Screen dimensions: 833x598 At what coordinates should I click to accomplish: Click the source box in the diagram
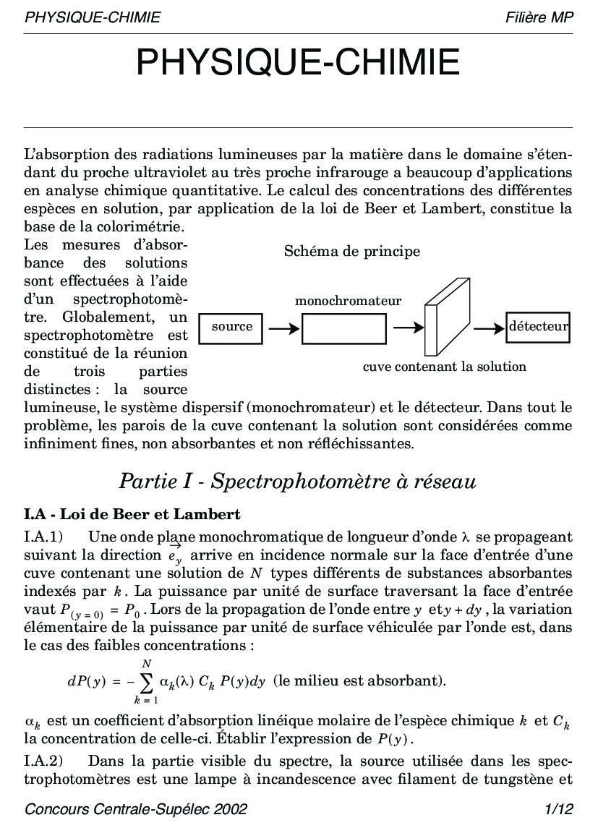231,327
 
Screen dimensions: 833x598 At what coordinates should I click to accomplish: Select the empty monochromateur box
344,329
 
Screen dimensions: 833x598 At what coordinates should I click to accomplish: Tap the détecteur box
538,327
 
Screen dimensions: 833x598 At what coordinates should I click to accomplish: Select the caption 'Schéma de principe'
351,252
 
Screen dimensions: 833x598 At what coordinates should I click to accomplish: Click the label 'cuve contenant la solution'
444,367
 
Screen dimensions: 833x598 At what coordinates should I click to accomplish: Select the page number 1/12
560,808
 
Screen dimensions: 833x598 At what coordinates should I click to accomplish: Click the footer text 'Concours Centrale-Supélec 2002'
135,808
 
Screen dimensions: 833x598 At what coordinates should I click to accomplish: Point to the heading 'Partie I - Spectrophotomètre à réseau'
298,481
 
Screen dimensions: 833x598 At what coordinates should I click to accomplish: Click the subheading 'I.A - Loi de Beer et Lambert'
132,515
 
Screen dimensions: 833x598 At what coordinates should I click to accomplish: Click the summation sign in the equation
146,681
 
